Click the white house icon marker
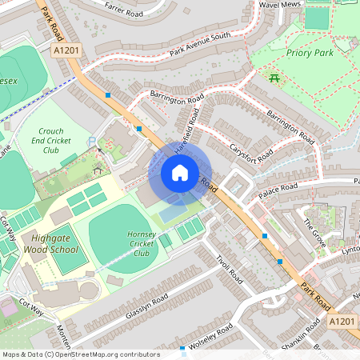click(x=180, y=172)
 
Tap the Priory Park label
click(x=309, y=53)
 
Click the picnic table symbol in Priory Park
click(x=274, y=78)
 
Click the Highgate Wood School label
click(x=55, y=243)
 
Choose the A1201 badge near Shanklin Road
click(x=342, y=321)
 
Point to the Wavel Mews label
click(x=279, y=5)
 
